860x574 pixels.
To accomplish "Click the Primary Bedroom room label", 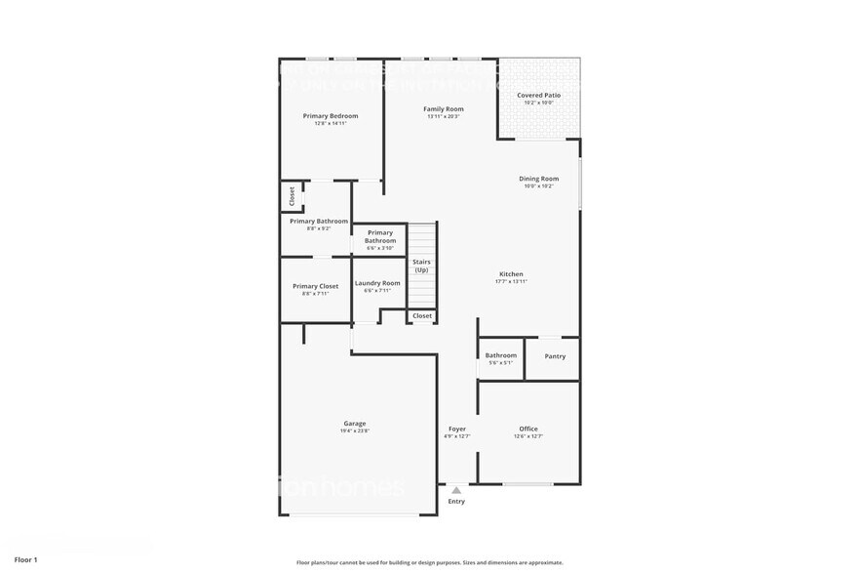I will coord(330,116).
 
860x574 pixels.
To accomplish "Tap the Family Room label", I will coord(443,108).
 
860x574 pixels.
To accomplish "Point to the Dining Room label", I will coord(538,179).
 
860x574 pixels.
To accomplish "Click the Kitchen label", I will coord(511,274).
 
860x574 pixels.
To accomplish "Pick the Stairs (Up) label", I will coord(421,266).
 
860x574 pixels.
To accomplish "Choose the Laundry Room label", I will coord(376,283).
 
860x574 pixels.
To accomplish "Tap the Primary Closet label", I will coord(315,286).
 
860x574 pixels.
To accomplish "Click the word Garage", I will coord(354,424).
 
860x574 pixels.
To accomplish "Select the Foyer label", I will coord(456,429).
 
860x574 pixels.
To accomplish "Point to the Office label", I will coord(528,429).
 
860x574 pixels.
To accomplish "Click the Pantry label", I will coord(555,356).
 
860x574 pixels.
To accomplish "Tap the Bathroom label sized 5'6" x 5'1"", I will coord(500,355).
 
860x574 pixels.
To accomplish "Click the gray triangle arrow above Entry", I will coord(455,491).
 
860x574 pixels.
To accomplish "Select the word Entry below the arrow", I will coord(456,502).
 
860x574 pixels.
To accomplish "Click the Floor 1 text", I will coord(26,559).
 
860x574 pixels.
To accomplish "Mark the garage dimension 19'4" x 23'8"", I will coord(354,431).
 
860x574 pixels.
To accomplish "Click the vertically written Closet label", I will coord(291,196).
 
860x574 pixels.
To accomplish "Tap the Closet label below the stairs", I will coord(421,316).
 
